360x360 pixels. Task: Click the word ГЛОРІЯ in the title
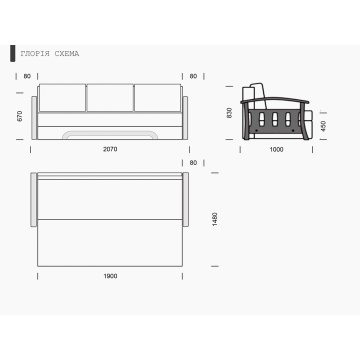[x=35, y=54]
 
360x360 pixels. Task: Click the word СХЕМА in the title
[x=67, y=54]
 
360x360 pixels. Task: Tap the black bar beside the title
[x=13, y=53]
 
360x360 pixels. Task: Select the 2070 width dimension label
[x=110, y=149]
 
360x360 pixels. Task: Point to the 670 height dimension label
[x=20, y=116]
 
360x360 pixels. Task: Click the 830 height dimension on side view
[x=229, y=113]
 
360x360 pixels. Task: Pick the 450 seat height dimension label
[x=323, y=126]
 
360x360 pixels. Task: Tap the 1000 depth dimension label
[x=276, y=150]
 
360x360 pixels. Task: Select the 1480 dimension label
[x=215, y=219]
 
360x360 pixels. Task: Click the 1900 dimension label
[x=110, y=276]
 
